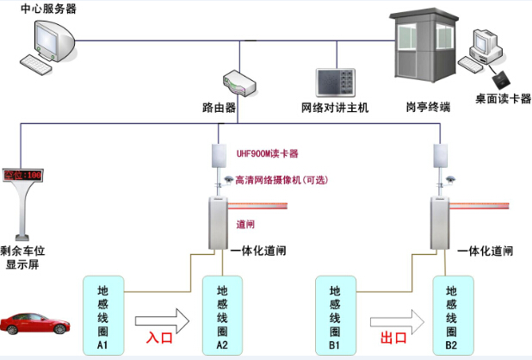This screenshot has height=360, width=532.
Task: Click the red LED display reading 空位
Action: pyautogui.click(x=22, y=175)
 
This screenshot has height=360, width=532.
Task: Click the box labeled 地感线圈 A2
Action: pyautogui.click(x=222, y=316)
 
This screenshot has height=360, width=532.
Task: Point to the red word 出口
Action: pyautogui.click(x=393, y=338)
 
